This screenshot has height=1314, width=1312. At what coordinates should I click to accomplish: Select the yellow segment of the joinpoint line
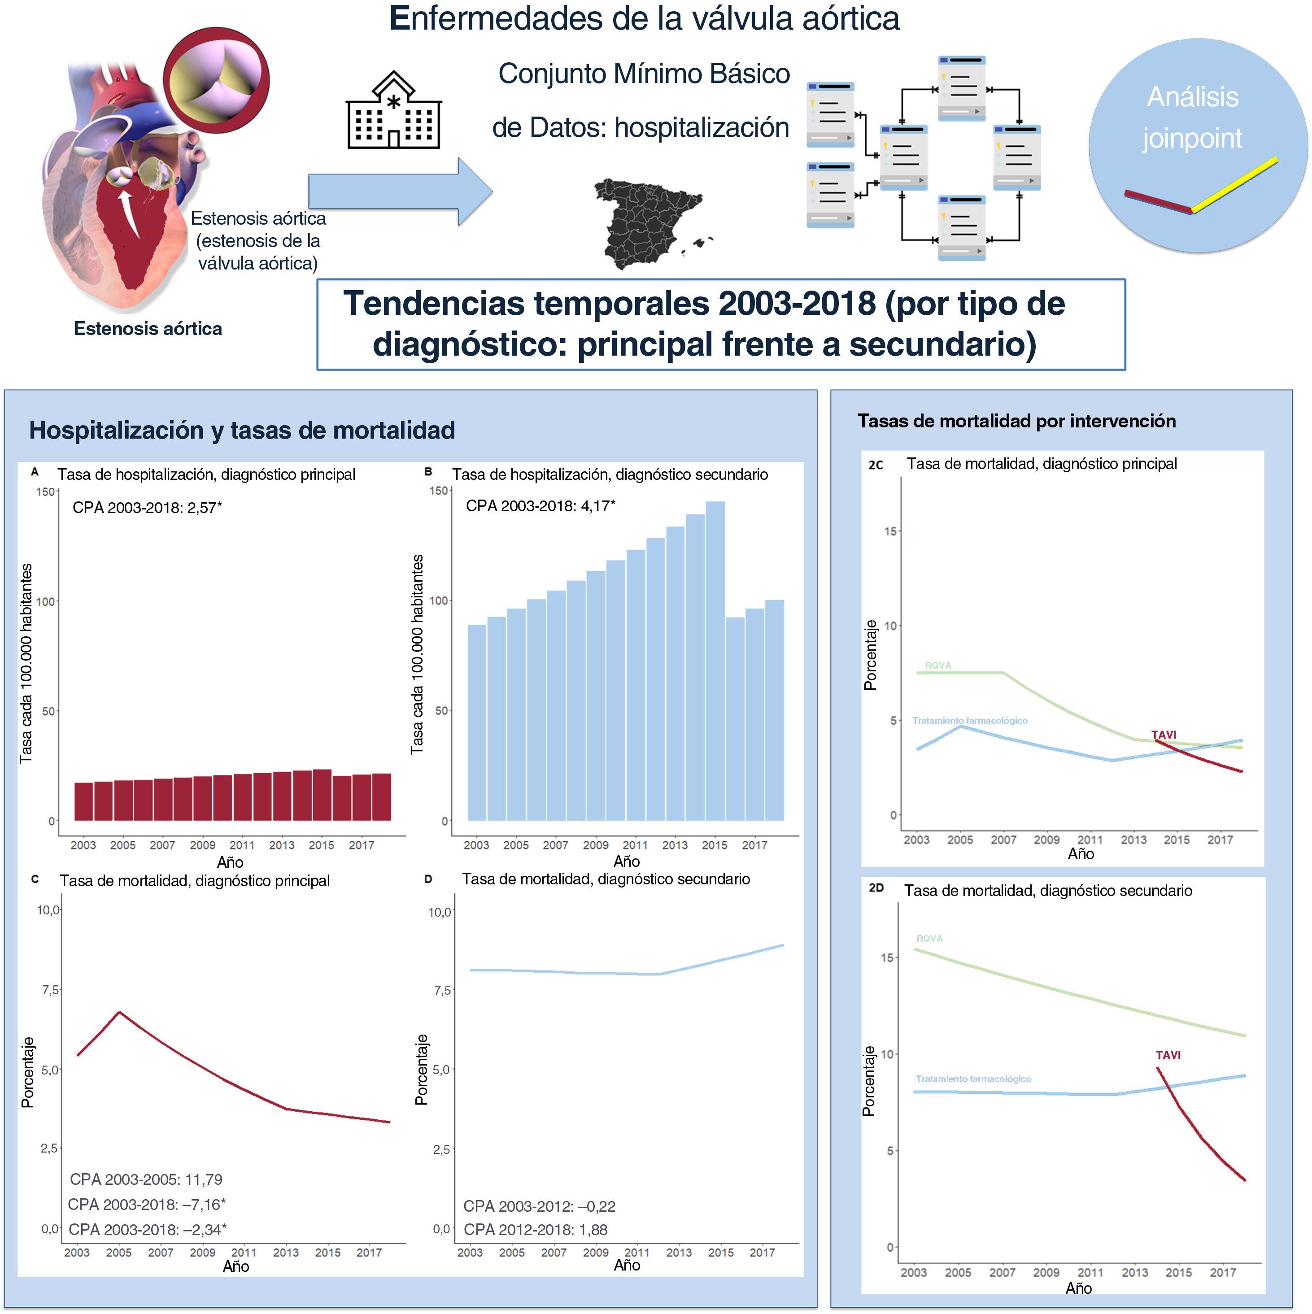pos(1234,185)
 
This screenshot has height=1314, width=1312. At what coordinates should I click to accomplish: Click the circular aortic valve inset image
pos(216,80)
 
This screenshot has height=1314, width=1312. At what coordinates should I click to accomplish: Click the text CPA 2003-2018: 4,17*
pos(540,506)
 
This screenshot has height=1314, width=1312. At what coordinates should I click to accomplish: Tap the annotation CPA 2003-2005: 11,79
pos(146,1179)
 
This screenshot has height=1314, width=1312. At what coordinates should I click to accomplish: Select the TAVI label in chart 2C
pos(1163,735)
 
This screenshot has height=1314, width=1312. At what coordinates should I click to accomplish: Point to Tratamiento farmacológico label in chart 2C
pos(969,720)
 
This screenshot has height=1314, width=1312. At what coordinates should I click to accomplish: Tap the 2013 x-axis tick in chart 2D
pos(1134,1272)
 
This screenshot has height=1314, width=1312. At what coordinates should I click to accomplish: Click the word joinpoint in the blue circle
pos(1192,139)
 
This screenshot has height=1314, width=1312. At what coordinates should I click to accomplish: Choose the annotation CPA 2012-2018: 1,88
pos(535,1230)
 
